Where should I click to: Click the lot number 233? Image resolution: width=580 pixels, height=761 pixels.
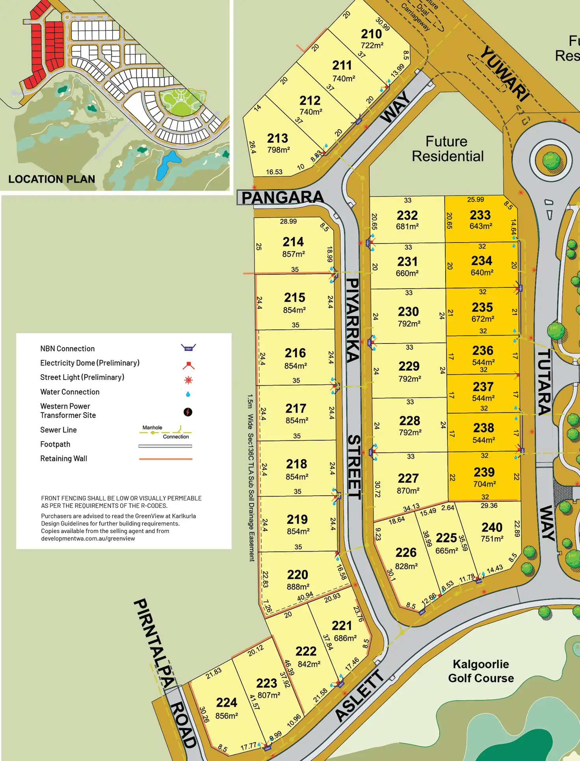[480, 215]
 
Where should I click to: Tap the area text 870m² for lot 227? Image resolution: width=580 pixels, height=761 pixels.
[408, 491]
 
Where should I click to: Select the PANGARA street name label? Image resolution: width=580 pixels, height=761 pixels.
[282, 198]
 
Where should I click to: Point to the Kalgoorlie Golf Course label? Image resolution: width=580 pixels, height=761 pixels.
[481, 671]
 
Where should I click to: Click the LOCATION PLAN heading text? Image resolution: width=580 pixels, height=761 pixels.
[52, 179]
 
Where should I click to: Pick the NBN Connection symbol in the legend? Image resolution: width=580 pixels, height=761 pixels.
[188, 347]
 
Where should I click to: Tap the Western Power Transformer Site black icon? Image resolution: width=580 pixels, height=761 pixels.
[188, 412]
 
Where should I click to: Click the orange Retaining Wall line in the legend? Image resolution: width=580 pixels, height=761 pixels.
[165, 459]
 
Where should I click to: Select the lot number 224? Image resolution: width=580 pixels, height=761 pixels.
[227, 702]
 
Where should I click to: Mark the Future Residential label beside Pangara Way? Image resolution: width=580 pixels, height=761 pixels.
[448, 149]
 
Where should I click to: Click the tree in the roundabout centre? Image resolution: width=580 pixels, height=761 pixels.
[551, 161]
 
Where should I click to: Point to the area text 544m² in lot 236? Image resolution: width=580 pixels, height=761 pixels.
[483, 362]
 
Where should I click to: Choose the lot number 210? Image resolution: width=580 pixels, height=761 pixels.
[371, 34]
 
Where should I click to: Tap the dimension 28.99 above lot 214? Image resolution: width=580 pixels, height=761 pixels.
[288, 222]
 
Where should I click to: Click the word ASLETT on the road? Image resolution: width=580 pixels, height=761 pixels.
[359, 696]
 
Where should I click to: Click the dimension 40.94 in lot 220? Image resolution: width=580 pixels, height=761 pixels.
[305, 597]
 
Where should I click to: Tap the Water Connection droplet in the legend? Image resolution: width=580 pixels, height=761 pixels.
[188, 394]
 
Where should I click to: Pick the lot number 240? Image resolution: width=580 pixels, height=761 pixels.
[492, 527]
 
